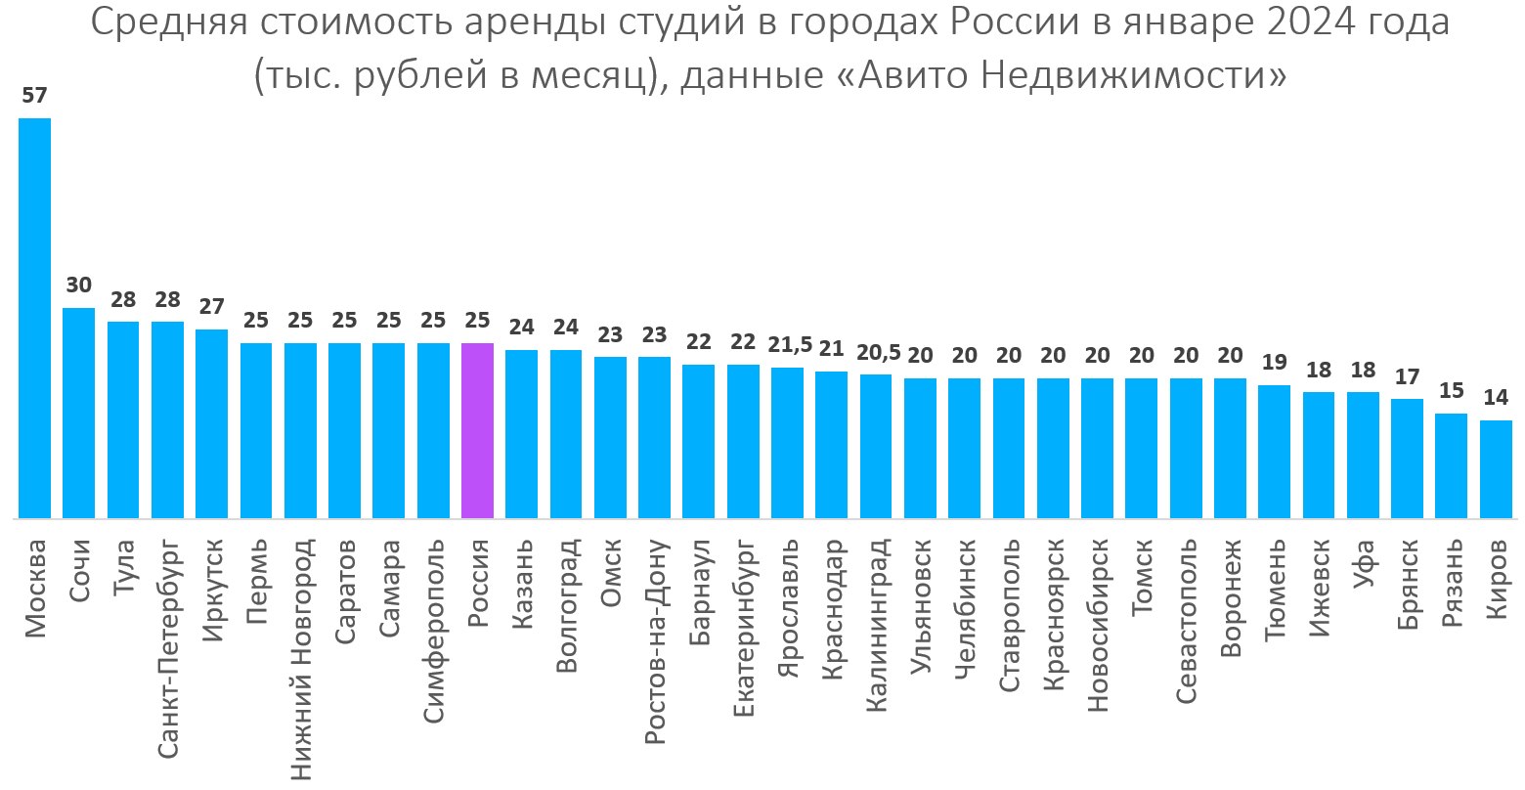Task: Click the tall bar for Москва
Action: [x=35, y=318]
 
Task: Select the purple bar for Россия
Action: [x=477, y=430]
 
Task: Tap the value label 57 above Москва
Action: [x=35, y=96]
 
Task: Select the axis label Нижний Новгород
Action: [x=301, y=660]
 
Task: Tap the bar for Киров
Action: [x=1496, y=469]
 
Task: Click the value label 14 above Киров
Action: [x=1496, y=398]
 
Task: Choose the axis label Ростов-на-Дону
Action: [x=655, y=641]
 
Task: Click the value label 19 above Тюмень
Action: [x=1274, y=363]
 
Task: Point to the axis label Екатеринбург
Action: [x=743, y=626]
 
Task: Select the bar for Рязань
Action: [x=1451, y=465]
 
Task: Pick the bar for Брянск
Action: [x=1407, y=459]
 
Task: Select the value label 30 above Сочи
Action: [x=79, y=285]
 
